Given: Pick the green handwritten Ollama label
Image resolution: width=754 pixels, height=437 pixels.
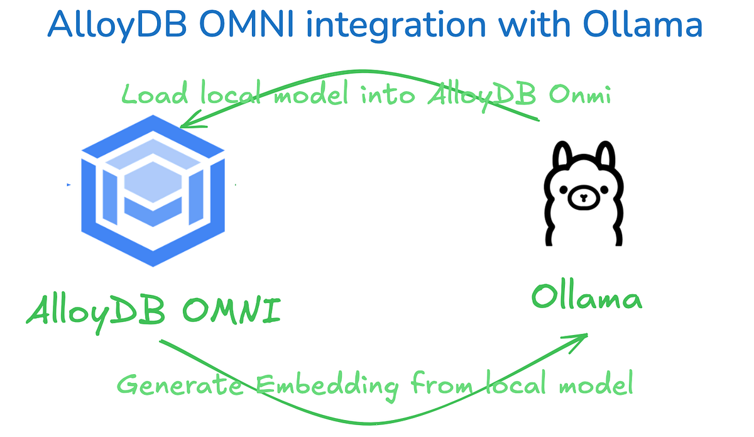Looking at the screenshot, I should click(x=586, y=297).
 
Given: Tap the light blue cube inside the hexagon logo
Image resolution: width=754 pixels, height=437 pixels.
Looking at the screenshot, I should click(x=153, y=179).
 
